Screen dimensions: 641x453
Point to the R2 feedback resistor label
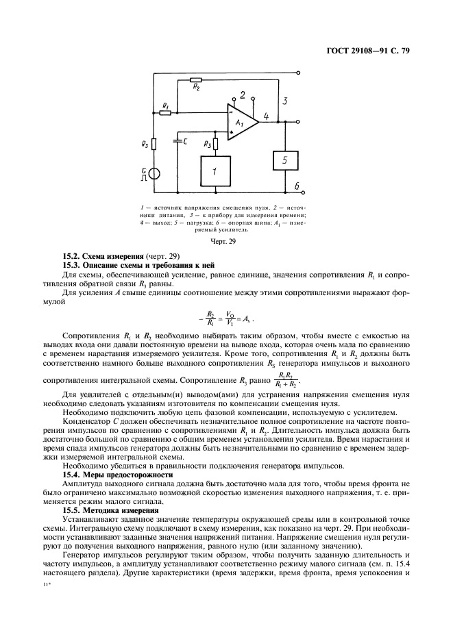click(x=197, y=88)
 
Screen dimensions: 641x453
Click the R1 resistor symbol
click(x=165, y=112)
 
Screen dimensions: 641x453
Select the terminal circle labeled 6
click(x=299, y=194)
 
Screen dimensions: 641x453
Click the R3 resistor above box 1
click(x=215, y=144)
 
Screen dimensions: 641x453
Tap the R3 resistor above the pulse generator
click(x=154, y=144)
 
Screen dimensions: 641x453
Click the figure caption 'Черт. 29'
click(x=225, y=241)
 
